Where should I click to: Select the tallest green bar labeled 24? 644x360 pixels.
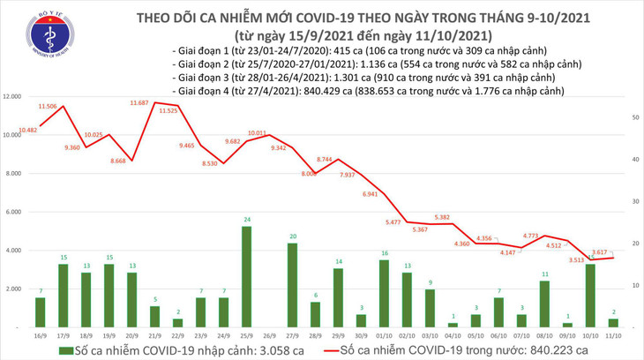click(248, 276)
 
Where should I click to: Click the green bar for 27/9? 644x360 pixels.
click(293, 285)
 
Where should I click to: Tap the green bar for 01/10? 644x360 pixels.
click(385, 293)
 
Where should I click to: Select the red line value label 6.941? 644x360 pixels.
click(371, 193)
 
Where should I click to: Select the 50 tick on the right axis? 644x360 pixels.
click(636, 116)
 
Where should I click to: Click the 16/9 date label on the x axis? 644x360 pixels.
click(41, 336)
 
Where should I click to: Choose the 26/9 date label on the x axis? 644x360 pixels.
click(270, 336)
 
